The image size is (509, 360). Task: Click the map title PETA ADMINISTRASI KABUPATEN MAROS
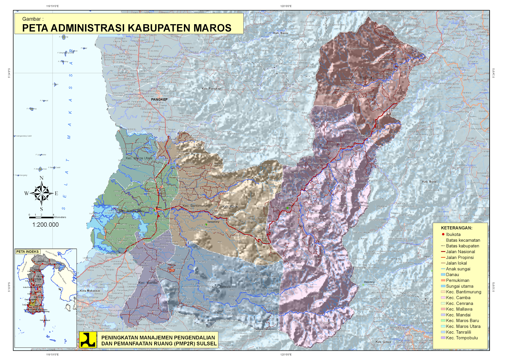[x=127, y=28]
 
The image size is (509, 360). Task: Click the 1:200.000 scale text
[x=45, y=225]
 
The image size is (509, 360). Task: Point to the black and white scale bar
[x=41, y=217]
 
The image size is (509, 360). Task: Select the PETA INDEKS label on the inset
[x=27, y=251]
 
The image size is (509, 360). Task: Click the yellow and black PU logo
[x=88, y=340]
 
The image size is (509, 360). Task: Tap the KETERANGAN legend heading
[x=457, y=228]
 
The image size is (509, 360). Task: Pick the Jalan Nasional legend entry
[x=460, y=251]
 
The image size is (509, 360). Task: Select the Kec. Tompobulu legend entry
[x=462, y=338]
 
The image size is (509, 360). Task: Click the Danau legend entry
[x=452, y=274]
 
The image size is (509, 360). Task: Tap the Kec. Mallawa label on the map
[x=362, y=77]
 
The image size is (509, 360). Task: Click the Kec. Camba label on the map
[x=307, y=226]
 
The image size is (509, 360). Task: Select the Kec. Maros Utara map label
[x=139, y=158]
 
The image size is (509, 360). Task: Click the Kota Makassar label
[x=90, y=291]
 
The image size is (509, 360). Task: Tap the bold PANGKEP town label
[x=159, y=99]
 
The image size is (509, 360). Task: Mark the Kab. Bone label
[x=429, y=181]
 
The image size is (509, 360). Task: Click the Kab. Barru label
[x=281, y=33]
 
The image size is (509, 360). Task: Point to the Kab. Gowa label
[x=383, y=342]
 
